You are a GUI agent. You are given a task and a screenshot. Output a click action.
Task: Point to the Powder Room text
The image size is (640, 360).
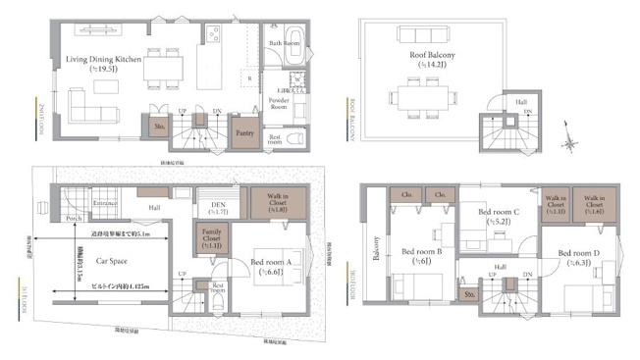[280, 102]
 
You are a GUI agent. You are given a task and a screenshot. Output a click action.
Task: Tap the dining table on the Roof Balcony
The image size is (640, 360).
[422, 97]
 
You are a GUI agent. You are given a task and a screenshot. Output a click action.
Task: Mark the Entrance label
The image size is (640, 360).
[105, 203]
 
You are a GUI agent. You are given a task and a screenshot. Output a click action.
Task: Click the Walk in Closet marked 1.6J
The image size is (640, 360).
[592, 203]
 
